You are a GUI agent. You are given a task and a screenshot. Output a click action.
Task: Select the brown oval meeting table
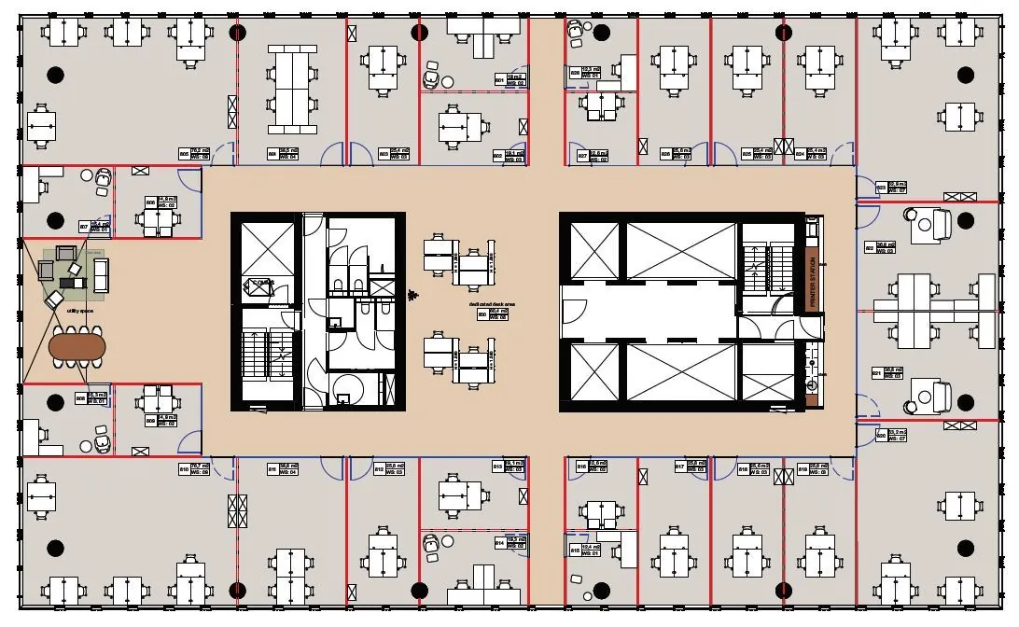(x=77, y=347)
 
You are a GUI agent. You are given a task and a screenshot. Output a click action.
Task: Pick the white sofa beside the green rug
(x=100, y=274)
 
